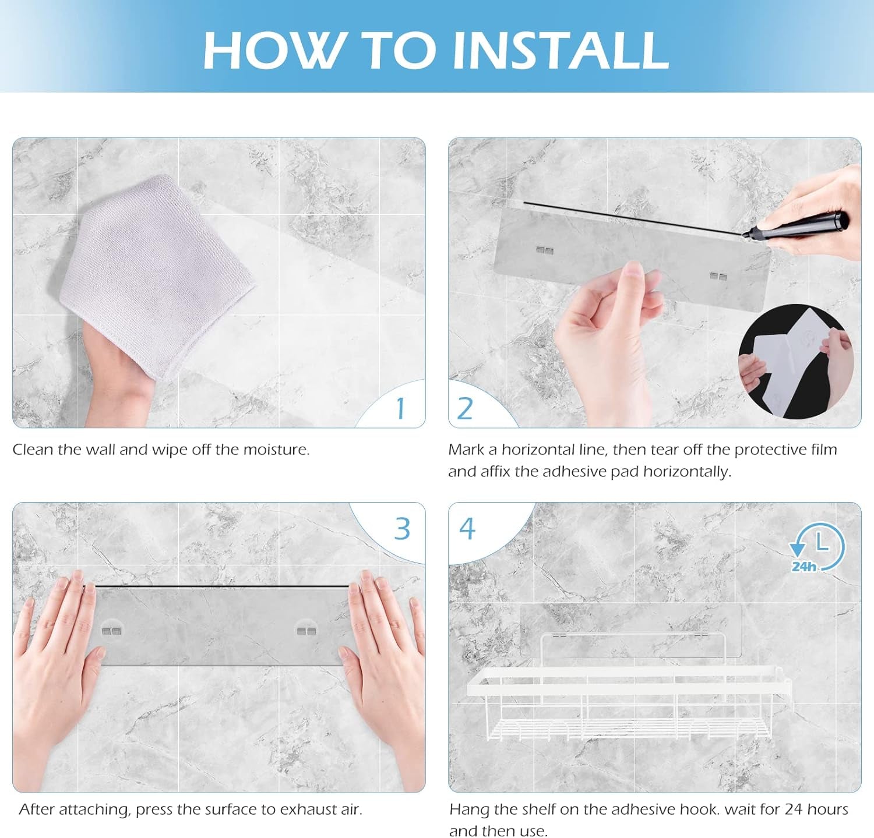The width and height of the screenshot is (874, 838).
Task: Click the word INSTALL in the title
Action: pyautogui.click(x=560, y=49)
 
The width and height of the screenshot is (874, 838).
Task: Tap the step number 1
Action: pyautogui.click(x=400, y=408)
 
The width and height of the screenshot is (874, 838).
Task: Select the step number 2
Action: pyautogui.click(x=464, y=408)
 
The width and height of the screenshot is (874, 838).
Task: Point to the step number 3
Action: pyautogui.click(x=403, y=528)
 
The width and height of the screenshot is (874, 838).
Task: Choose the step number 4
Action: pyautogui.click(x=467, y=528)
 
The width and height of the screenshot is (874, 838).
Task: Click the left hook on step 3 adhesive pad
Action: pyautogui.click(x=112, y=631)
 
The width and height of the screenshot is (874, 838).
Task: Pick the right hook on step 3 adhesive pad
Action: pyautogui.click(x=306, y=631)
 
